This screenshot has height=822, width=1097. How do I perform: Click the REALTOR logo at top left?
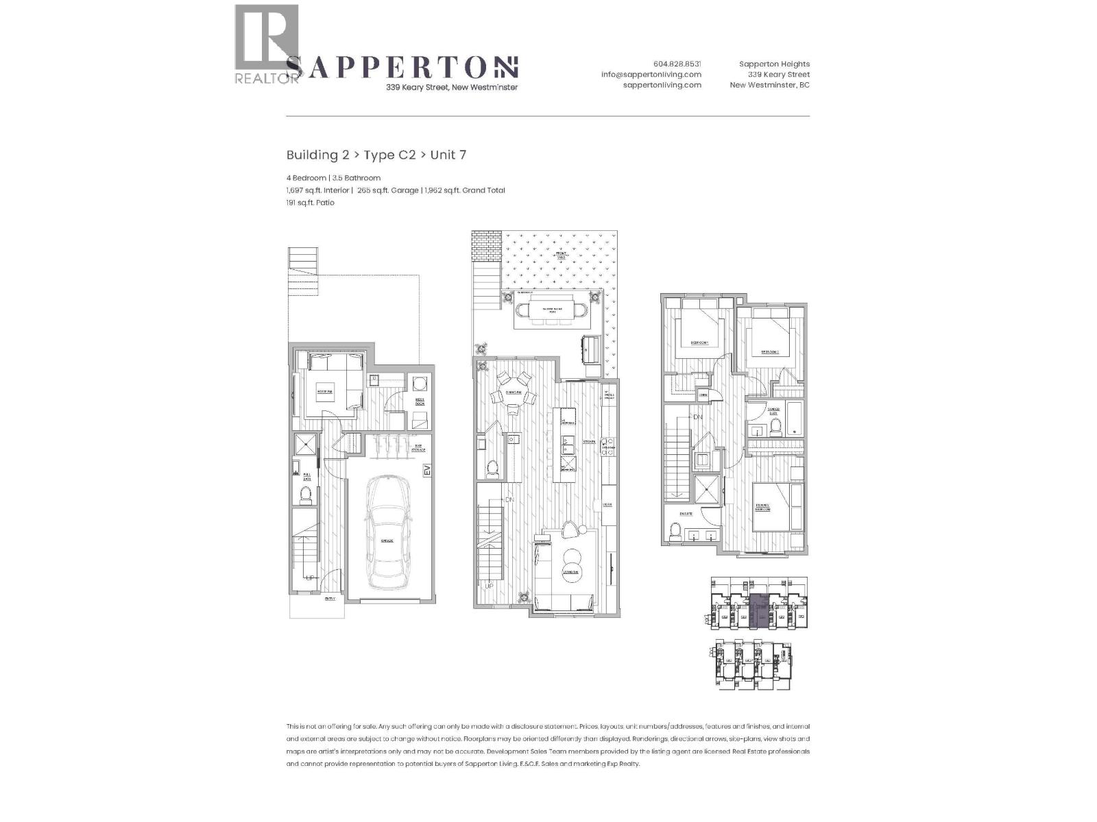click(267, 44)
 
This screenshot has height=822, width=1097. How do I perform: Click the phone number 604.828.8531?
click(677, 64)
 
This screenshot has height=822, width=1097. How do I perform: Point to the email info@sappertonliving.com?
click(651, 75)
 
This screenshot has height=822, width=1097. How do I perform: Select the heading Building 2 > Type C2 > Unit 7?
click(376, 155)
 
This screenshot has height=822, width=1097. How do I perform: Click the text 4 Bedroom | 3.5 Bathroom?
click(333, 178)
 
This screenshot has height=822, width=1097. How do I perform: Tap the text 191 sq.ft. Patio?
click(310, 203)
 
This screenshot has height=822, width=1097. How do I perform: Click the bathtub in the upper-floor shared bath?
click(795, 419)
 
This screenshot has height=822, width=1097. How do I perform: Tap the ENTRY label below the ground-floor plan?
click(330, 598)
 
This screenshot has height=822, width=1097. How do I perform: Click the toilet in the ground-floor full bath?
click(306, 494)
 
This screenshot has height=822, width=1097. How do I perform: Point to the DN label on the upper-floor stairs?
click(697, 417)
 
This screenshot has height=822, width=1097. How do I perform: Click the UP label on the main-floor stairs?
click(489, 586)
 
